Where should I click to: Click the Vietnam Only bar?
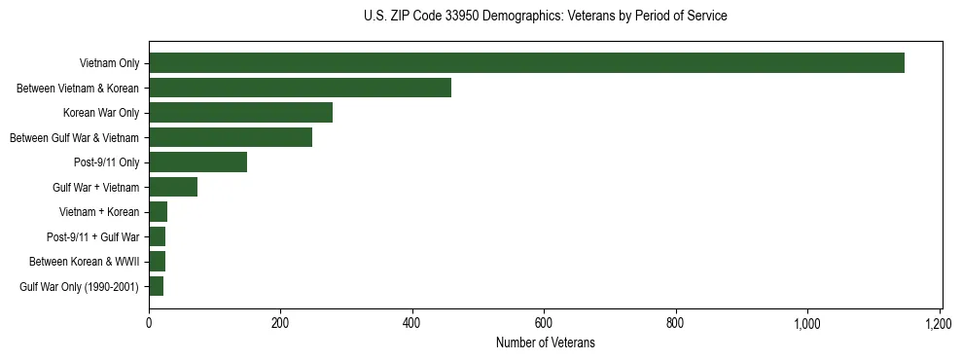526,63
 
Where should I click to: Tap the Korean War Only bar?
240,113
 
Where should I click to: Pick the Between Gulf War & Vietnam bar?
231,137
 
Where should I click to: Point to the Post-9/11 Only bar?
197,162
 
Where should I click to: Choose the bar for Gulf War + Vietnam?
173,187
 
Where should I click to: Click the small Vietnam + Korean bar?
158,212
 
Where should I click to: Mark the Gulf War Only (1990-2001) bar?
156,286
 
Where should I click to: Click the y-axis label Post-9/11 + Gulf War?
93,236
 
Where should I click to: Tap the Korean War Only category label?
102,113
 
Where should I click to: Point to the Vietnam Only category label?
110,63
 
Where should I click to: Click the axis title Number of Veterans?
545,342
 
